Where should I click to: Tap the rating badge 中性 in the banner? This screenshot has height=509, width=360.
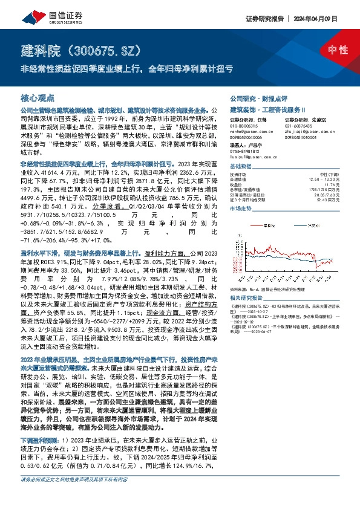pyautogui.click(x=334, y=50)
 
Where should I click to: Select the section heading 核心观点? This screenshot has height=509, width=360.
pyautogui.click(x=37, y=97)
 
